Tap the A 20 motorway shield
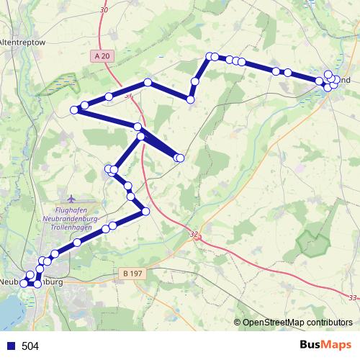pyautogui.click(x=103, y=55)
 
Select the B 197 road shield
pyautogui.click(x=129, y=274)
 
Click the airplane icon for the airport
pyautogui.click(x=70, y=197)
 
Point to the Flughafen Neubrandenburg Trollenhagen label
pyautogui.click(x=75, y=215)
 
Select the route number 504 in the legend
pyautogui.click(x=30, y=346)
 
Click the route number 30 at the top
pyautogui.click(x=104, y=10)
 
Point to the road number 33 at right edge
pyautogui.click(x=351, y=298)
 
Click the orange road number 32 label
pyautogui.click(x=194, y=234)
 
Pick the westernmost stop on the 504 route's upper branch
pyautogui.click(x=74, y=110)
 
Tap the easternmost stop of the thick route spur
pyautogui.click(x=180, y=158)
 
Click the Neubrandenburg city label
pyautogui.click(x=32, y=282)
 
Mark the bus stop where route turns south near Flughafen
pyautogui.click(x=145, y=211)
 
